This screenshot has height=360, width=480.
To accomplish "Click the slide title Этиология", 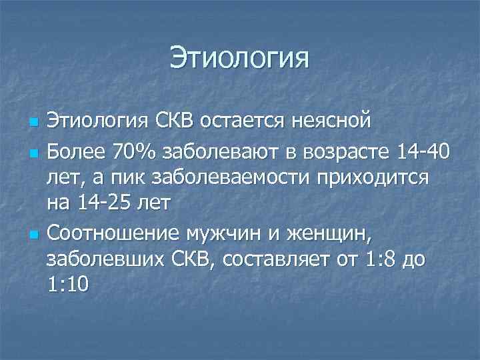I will click(239, 57).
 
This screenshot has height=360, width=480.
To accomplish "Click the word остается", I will click(253, 123).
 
